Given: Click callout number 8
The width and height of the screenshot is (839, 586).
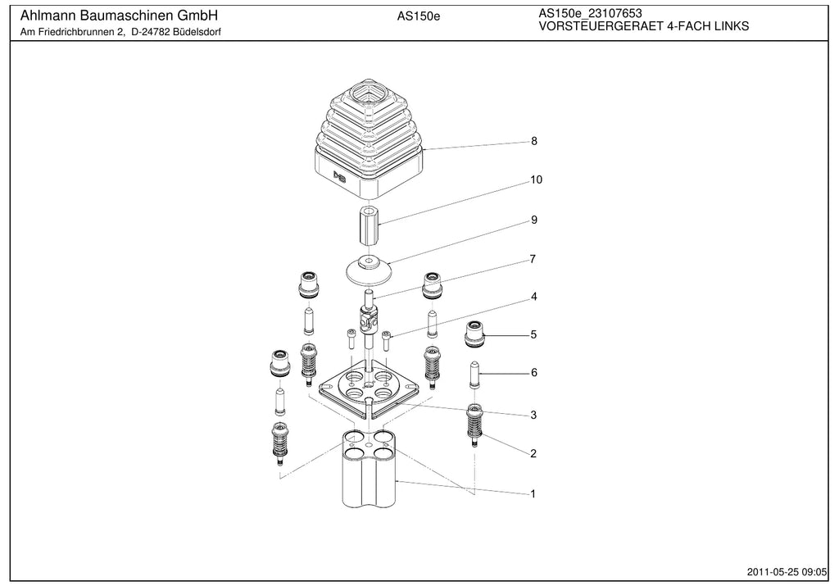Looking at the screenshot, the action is tap(533, 141).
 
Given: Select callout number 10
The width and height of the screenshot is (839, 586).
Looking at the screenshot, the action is tap(536, 179).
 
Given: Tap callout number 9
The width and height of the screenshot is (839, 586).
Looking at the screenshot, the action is tap(533, 220).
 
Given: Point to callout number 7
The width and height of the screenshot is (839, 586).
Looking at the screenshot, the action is tap(533, 259).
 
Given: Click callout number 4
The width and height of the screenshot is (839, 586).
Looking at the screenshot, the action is tap(533, 297).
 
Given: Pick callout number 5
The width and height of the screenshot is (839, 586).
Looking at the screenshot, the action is tap(533, 334).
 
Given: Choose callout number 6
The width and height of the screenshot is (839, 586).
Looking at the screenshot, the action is tap(533, 372).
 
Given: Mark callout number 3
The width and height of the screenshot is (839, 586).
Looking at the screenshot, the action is tap(533, 415).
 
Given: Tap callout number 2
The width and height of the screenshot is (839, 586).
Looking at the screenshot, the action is tap(533, 453).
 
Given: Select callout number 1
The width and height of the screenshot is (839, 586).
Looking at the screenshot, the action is tap(533, 493).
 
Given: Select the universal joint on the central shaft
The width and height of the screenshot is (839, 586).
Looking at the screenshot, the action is tap(368, 319).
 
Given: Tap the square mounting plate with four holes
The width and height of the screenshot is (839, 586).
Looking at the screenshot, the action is tap(368, 391).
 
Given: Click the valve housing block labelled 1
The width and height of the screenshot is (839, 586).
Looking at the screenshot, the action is tap(369, 468).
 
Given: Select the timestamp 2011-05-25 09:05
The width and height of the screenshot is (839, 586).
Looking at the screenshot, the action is tap(787, 572).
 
